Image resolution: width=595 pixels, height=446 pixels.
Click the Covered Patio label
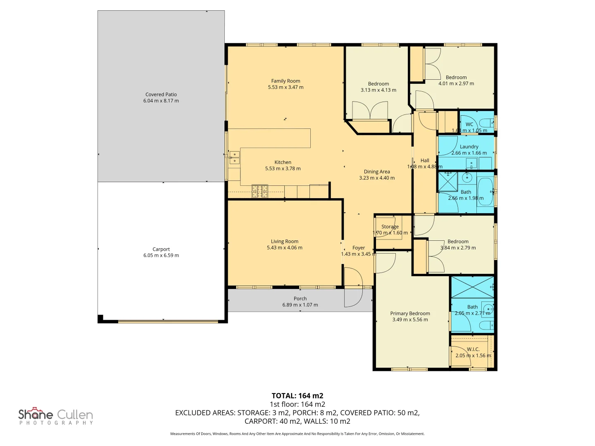[161, 95]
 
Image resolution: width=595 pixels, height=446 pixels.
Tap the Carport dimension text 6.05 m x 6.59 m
[161, 256]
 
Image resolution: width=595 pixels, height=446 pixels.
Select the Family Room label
[286, 81]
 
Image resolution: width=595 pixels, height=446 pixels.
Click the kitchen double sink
[234, 158]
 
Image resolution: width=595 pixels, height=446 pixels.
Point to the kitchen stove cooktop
[260, 191]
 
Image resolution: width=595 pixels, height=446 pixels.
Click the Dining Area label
[376, 172]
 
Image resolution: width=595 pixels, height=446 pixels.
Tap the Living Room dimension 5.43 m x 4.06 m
[284, 248]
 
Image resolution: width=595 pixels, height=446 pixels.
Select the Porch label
[300, 299]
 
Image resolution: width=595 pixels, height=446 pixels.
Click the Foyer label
[358, 248]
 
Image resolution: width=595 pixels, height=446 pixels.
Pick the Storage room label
[390, 227]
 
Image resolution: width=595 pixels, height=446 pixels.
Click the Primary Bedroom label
[410, 313]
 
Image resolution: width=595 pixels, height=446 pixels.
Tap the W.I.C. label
[473, 349]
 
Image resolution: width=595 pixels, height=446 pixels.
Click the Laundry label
[469, 147]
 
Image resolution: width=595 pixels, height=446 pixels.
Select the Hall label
[425, 161]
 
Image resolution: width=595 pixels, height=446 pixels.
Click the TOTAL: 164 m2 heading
[297, 396]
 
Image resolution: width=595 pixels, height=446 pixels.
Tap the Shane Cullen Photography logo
[56, 416]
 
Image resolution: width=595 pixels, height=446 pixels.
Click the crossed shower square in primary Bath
[472, 287]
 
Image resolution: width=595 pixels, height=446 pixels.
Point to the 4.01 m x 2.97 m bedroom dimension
[456, 84]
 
